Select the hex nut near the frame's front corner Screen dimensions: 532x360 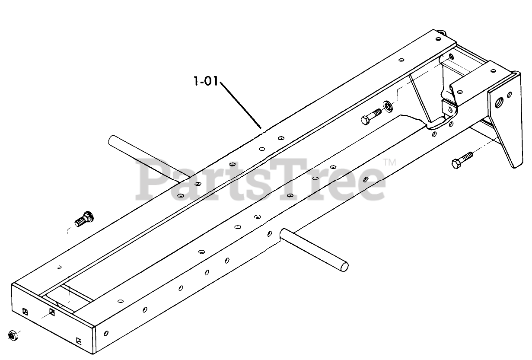point(12,335)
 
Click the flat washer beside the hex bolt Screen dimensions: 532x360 point(388,106)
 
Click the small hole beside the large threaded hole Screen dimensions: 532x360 point(510,94)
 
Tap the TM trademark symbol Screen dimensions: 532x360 point(390,163)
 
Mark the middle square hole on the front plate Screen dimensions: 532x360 point(52,312)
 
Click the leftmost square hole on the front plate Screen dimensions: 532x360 point(25,311)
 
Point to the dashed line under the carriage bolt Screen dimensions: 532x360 point(68,259)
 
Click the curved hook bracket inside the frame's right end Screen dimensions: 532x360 point(441,117)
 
